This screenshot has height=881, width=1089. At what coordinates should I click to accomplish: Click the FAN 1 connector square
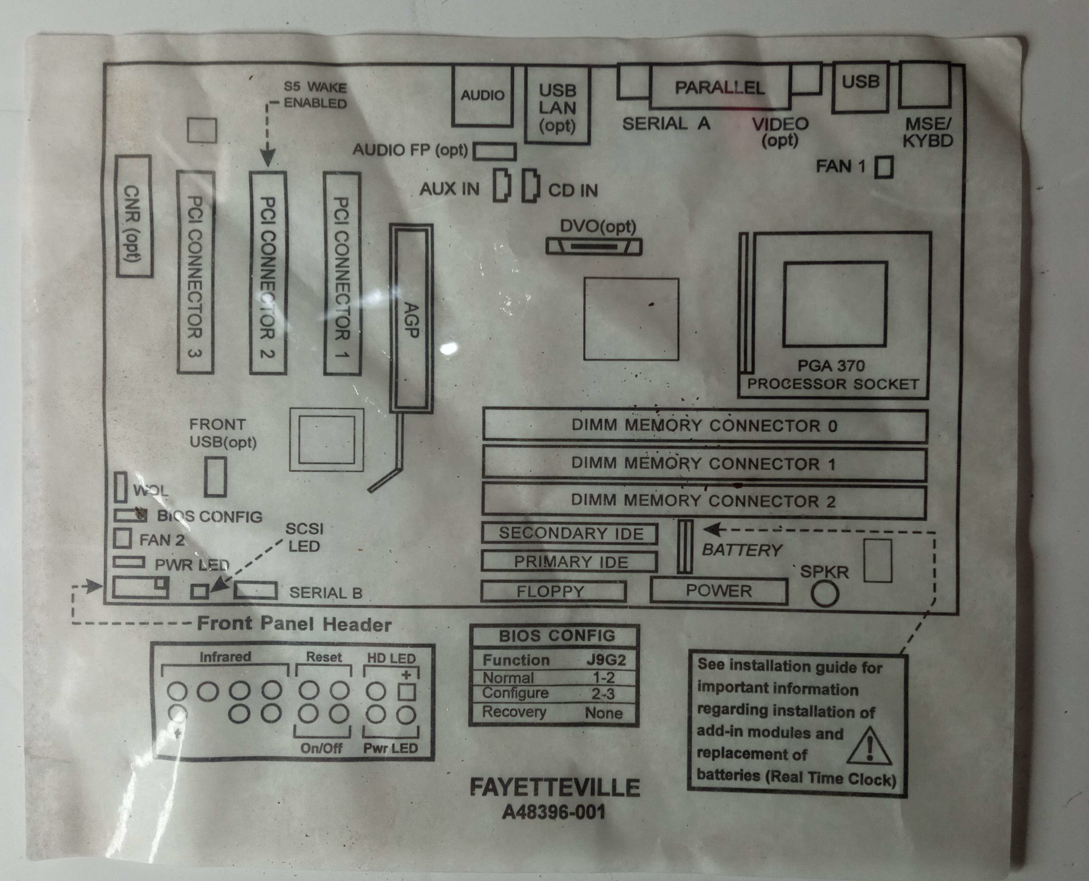pyautogui.click(x=884, y=167)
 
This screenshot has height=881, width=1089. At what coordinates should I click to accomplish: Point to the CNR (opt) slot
pyautogui.click(x=134, y=216)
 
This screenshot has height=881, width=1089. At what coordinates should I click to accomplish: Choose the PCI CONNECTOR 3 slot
pyautogui.click(x=195, y=272)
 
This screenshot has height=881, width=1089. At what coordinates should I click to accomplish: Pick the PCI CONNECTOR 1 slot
pyautogui.click(x=342, y=274)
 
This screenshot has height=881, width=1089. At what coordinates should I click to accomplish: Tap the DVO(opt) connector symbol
pyautogui.click(x=594, y=247)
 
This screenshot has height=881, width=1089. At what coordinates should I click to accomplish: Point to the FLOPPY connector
pyautogui.click(x=554, y=592)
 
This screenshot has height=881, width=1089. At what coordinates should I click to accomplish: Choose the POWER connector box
pyautogui.click(x=719, y=591)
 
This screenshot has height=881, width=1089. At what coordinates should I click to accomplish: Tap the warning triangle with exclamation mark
pyautogui.click(x=869, y=746)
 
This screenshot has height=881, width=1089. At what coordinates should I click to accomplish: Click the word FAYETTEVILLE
pyautogui.click(x=554, y=787)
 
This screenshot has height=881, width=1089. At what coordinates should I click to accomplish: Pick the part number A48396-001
pyautogui.click(x=554, y=812)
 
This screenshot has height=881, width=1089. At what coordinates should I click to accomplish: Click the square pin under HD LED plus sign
pyautogui.click(x=406, y=692)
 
